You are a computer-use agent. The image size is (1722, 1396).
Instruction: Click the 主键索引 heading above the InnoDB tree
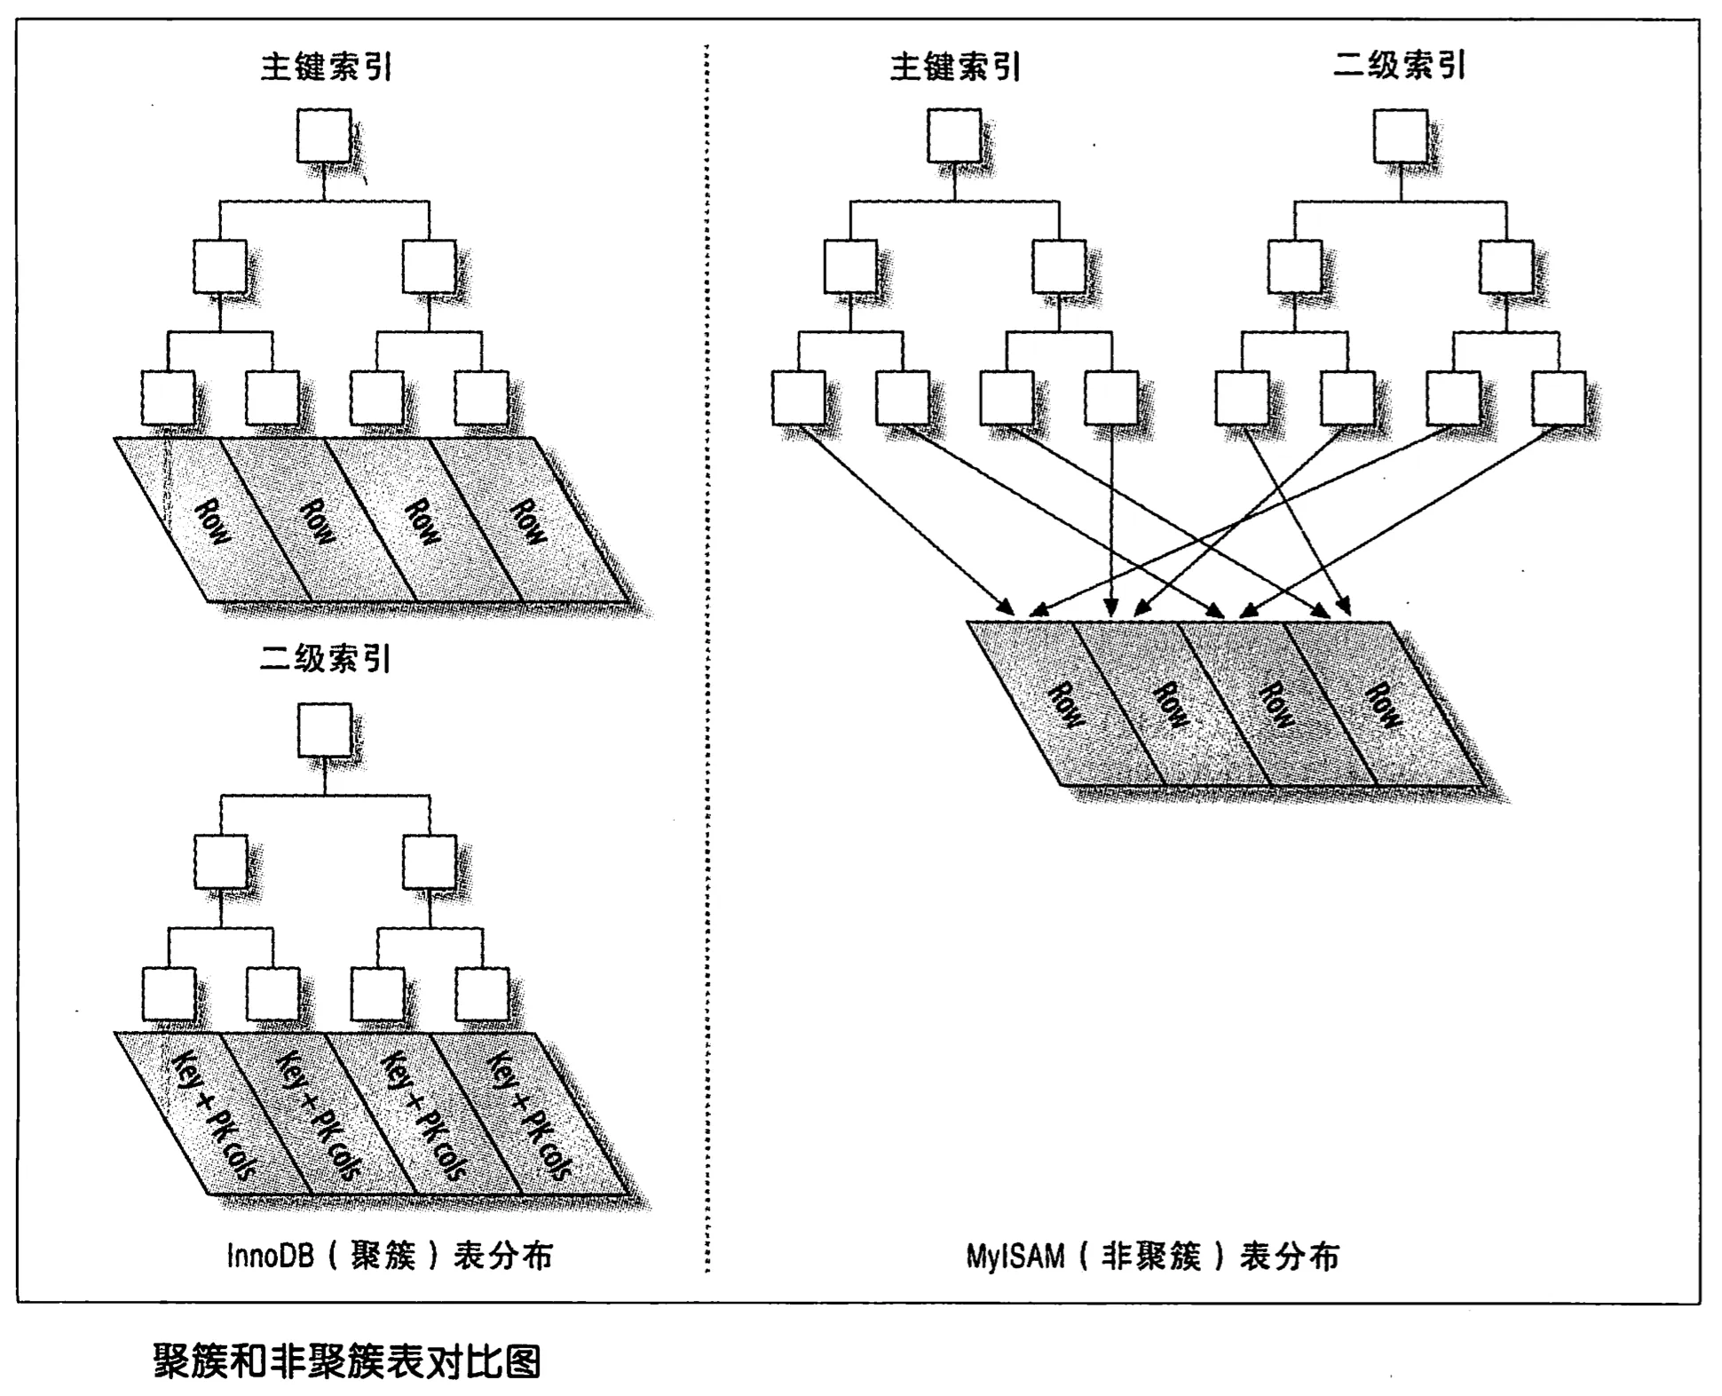(x=326, y=67)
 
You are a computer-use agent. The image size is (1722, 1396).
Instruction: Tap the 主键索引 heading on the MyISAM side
(x=955, y=67)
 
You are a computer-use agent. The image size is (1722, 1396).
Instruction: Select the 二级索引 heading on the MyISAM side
(x=1399, y=65)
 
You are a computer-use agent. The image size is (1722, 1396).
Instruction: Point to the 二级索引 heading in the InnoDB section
(x=325, y=659)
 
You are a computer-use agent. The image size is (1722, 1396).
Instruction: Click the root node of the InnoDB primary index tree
(x=324, y=136)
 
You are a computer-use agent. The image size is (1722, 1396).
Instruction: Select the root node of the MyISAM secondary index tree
(x=1401, y=136)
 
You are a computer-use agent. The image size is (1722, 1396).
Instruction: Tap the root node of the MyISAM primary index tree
(x=954, y=136)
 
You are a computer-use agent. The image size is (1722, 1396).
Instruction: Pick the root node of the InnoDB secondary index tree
(x=325, y=730)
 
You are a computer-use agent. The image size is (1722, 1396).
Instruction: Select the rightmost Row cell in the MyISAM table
(x=1383, y=705)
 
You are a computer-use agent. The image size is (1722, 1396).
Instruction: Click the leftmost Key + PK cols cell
(x=213, y=1114)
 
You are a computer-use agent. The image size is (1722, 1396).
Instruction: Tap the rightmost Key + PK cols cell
(x=529, y=1114)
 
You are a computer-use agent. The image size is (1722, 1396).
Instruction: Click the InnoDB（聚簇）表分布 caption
(x=390, y=1256)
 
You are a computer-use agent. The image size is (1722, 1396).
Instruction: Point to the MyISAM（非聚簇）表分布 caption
(x=1152, y=1257)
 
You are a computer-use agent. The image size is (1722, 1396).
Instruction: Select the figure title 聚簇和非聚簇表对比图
(x=347, y=1360)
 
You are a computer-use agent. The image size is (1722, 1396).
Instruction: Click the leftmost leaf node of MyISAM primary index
(x=798, y=398)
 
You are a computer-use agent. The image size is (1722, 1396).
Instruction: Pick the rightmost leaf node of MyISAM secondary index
(x=1560, y=398)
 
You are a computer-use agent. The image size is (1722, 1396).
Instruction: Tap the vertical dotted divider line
(x=707, y=657)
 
